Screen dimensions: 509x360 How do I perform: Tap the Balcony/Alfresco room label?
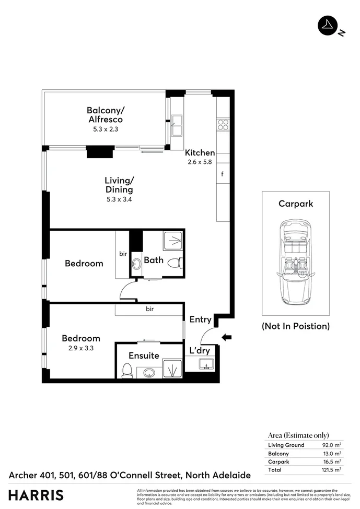point(105,115)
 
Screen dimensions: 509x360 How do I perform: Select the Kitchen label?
point(200,153)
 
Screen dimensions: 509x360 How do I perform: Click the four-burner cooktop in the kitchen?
point(223,124)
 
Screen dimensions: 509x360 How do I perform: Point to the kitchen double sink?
point(177,126)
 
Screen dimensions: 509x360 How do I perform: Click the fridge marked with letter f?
point(223,174)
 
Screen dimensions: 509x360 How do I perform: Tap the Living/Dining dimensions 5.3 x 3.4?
point(119,199)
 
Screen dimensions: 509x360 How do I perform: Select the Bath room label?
point(154,260)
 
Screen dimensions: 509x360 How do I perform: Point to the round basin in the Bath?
point(136,263)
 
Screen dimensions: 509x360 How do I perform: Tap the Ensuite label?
point(144,356)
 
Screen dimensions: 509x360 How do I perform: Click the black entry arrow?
point(226,338)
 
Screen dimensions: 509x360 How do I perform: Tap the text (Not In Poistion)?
point(296,326)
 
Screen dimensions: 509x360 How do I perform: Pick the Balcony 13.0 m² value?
point(332,454)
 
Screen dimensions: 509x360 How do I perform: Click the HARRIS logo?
point(36,495)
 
